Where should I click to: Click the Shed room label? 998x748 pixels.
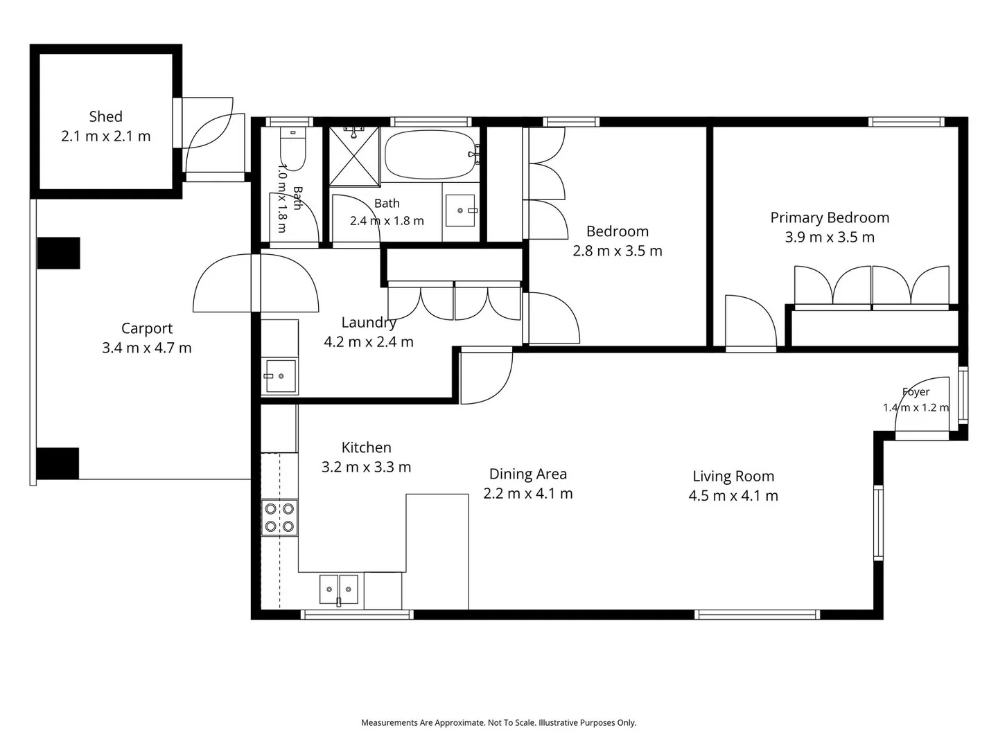point(105,117)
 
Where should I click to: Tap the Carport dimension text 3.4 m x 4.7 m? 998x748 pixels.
point(146,348)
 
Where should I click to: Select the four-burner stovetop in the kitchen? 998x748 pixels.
point(279,517)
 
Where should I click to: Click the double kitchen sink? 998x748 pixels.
point(338,589)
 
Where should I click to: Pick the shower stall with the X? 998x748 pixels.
point(353,157)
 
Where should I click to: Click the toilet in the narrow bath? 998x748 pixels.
point(292,148)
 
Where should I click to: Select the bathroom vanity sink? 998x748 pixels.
point(460,211)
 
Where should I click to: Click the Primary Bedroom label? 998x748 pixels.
point(830,218)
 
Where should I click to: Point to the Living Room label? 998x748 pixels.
point(733,477)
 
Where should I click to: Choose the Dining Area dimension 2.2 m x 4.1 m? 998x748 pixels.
point(527,494)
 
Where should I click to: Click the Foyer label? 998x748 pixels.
point(916,391)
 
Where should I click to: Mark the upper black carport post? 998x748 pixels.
point(59,253)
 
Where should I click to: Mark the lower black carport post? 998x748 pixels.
point(58,463)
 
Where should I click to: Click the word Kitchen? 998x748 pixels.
point(366,448)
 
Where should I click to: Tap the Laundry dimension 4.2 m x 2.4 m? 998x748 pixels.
point(368,342)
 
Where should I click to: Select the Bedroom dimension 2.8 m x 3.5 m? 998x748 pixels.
point(617,251)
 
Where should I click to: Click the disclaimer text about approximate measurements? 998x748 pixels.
point(499,722)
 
